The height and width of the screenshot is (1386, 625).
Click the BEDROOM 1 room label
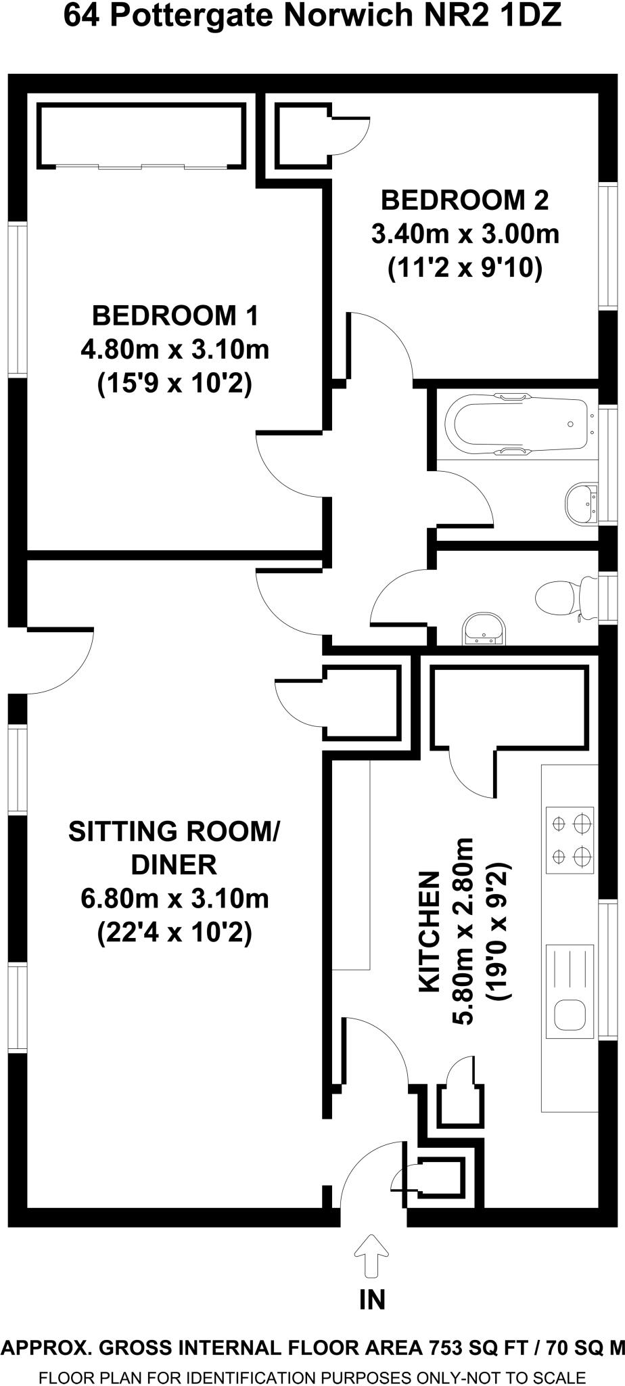(175, 315)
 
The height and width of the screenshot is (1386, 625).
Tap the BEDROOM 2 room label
(465, 200)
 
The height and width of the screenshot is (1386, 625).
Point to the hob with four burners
(570, 840)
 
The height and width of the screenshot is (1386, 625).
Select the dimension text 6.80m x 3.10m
(175, 899)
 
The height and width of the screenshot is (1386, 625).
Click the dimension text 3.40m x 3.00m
(465, 235)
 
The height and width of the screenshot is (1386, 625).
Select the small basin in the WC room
(483, 629)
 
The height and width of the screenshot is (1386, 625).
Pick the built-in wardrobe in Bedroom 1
(141, 135)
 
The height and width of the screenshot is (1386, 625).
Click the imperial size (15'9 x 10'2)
(175, 384)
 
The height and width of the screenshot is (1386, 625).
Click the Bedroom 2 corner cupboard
(302, 135)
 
